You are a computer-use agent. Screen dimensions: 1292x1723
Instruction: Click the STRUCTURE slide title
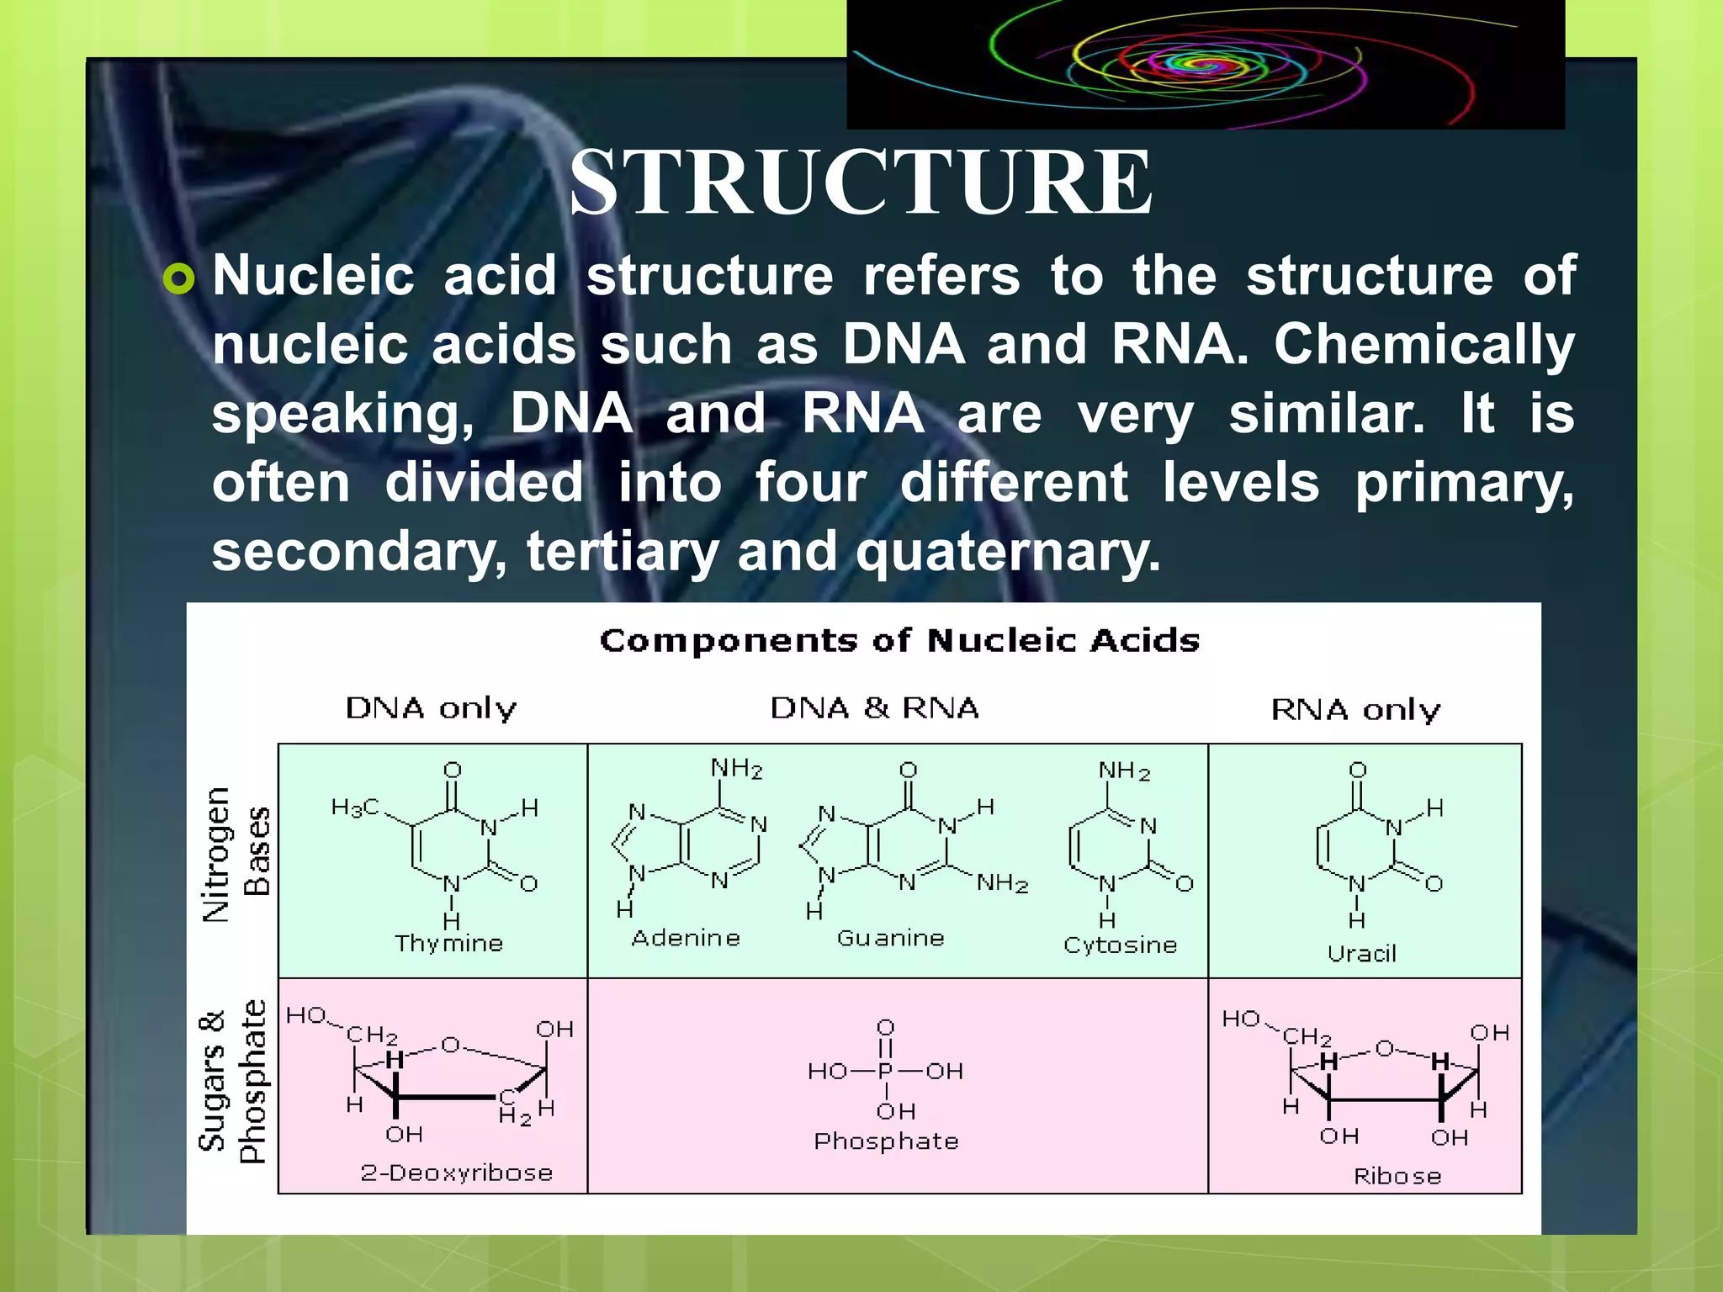[x=861, y=183]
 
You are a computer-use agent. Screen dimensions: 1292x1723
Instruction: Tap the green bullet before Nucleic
[x=179, y=278]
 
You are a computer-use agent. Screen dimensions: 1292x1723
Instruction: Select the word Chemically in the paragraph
[x=1423, y=346]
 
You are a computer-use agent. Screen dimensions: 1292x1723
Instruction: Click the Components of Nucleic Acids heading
[x=899, y=641]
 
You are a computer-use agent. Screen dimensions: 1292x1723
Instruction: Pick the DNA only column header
[x=431, y=709]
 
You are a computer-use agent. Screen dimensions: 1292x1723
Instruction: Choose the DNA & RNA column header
[x=875, y=708]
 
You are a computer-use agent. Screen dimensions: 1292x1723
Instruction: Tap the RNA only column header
[x=1355, y=711]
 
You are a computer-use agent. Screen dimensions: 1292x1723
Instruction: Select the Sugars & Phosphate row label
[x=231, y=1082]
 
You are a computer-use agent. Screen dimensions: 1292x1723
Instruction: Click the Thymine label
[x=449, y=944]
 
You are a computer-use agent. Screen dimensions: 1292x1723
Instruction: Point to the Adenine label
[x=686, y=938]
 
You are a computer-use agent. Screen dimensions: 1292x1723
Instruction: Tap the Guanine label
[x=890, y=938]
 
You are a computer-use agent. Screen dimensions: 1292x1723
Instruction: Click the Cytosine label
[x=1120, y=945]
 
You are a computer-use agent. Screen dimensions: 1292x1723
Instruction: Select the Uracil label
[x=1361, y=954]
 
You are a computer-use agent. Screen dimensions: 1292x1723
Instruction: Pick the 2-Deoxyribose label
[x=457, y=1173]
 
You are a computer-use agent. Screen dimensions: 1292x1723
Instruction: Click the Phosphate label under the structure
[x=886, y=1141]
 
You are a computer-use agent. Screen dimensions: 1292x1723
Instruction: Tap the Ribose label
[x=1397, y=1176]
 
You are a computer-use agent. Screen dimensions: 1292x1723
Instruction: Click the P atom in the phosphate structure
[x=885, y=1071]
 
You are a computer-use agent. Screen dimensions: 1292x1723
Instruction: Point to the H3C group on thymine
[x=355, y=808]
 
